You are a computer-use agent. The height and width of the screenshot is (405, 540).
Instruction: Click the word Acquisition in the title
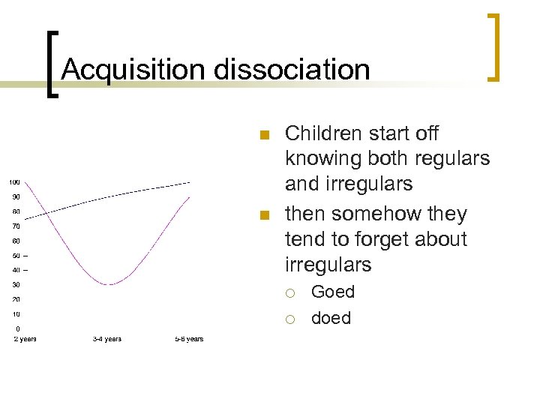[x=134, y=70]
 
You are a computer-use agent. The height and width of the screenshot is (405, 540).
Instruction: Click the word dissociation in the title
[x=292, y=70]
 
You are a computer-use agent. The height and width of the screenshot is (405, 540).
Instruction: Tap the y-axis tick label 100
[x=15, y=182]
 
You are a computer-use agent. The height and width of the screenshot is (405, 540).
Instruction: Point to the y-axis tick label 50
[x=16, y=256]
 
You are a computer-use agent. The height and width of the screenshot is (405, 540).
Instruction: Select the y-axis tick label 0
[x=18, y=328]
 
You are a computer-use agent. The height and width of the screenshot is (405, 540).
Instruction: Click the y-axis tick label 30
[x=16, y=285]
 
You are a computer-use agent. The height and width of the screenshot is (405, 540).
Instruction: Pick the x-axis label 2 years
[x=25, y=339]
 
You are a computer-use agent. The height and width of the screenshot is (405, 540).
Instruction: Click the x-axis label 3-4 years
[x=107, y=339]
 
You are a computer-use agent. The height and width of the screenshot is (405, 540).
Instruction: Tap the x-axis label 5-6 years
[x=189, y=339]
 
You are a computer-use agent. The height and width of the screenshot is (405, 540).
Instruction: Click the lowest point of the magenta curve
[x=110, y=284]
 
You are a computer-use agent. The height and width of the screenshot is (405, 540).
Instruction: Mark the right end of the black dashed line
[x=190, y=182]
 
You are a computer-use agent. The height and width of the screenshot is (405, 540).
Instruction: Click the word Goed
[x=333, y=292]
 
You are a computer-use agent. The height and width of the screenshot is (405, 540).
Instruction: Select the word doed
[x=331, y=318]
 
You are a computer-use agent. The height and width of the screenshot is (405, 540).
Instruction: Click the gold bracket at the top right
[x=493, y=46]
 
